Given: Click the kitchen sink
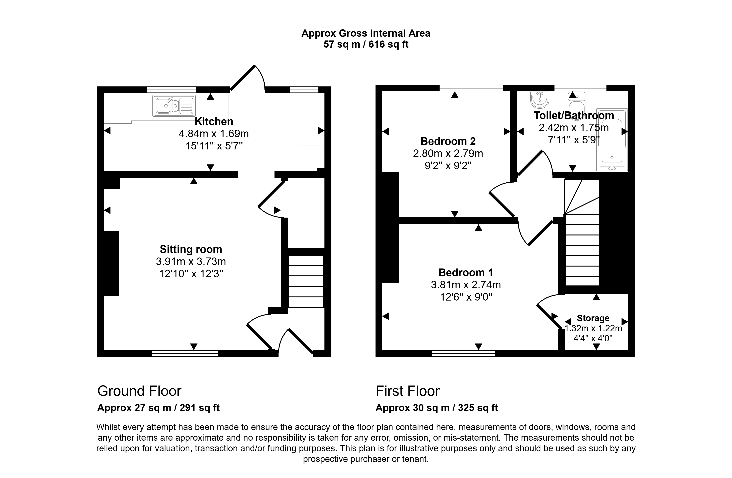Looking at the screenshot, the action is [x=174, y=105].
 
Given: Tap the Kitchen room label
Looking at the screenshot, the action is [x=214, y=122].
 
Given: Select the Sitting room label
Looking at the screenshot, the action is [x=191, y=249].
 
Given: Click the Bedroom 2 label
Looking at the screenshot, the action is [x=448, y=141].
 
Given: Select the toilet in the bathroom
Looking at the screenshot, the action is [x=576, y=105].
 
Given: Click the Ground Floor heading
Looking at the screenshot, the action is [x=139, y=391].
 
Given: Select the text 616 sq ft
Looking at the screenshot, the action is [x=389, y=44].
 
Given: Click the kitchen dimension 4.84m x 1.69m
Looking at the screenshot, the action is [x=214, y=134].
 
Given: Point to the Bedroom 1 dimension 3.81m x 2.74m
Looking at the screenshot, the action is [x=466, y=285].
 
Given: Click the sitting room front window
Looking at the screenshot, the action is [x=185, y=353].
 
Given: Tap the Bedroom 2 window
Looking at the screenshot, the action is [x=471, y=88].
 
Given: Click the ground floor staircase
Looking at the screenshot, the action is [x=306, y=282].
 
